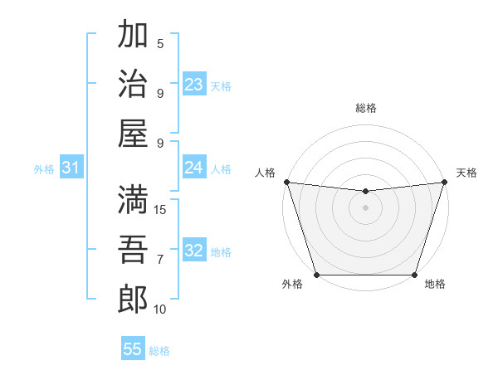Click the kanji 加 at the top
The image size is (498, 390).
tap(133, 36)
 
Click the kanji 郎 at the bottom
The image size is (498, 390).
tap(133, 298)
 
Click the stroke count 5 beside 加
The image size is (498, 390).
tap(160, 44)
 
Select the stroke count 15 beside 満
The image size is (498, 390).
tap(161, 210)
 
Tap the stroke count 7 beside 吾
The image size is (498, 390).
tap(160, 260)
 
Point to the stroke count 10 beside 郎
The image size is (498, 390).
tap(160, 310)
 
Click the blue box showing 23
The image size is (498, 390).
tap(193, 85)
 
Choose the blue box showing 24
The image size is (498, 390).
tap(193, 168)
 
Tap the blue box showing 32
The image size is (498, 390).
tap(193, 251)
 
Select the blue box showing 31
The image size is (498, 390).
tap(71, 168)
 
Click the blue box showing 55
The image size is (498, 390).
tap(133, 349)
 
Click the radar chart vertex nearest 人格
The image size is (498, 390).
tap(286, 182)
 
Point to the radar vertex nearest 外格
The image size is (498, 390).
tap(316, 275)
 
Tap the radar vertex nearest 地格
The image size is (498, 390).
tap(414, 275)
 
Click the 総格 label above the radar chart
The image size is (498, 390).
tap(365, 108)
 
